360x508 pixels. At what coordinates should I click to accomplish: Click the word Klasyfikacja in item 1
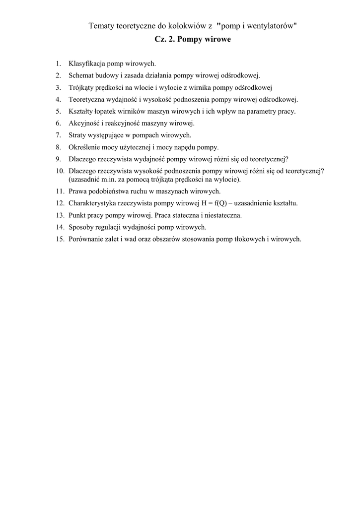(x=86, y=63)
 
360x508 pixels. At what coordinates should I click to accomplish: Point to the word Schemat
(x=81, y=75)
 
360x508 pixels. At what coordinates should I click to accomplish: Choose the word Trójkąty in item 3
(x=81, y=87)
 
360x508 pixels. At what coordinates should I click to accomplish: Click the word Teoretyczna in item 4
(x=86, y=99)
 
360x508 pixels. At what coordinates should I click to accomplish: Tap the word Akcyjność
(x=84, y=123)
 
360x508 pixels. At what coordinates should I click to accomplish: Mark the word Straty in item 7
(x=78, y=135)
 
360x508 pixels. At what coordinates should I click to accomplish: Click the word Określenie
(x=84, y=147)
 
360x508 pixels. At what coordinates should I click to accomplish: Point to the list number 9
(x=58, y=159)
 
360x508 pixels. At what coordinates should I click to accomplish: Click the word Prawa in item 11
(x=77, y=191)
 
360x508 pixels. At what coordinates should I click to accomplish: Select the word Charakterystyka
(x=93, y=203)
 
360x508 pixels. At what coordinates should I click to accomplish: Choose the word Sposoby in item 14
(x=81, y=227)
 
